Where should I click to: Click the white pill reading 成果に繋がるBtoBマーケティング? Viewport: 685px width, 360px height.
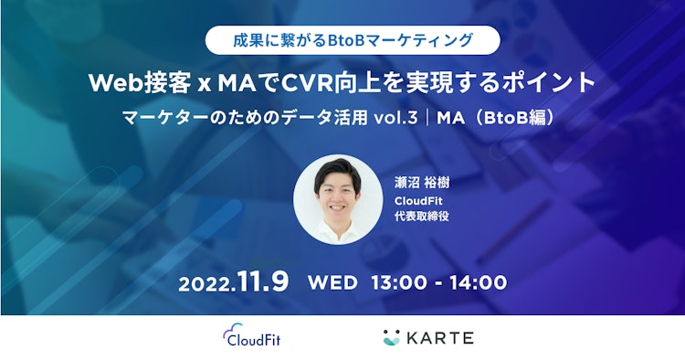click(x=353, y=39)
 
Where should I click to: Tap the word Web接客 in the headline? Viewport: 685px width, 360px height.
click(x=136, y=82)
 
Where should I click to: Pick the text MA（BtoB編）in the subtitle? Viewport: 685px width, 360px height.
click(x=496, y=118)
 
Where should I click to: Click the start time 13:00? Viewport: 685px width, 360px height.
click(x=397, y=281)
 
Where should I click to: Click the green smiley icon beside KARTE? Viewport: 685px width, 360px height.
click(x=394, y=337)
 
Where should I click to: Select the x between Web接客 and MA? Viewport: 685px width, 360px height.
click(x=202, y=84)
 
